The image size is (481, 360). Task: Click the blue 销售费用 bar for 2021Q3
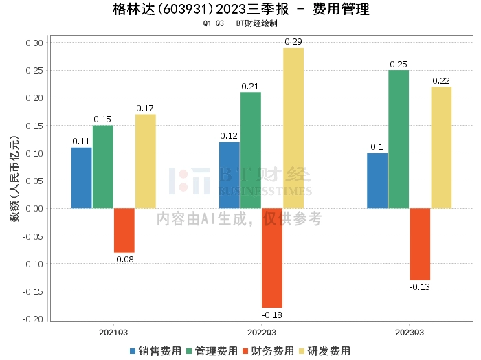[82, 178]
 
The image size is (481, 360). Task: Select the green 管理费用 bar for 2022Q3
[251, 150]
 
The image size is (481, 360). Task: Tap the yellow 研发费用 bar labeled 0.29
[293, 128]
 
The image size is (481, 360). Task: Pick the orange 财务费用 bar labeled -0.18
[272, 258]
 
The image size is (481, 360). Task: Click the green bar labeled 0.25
[399, 139]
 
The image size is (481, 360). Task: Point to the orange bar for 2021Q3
[124, 230]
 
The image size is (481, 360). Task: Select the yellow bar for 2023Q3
[441, 147]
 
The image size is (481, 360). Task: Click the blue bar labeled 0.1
[377, 180]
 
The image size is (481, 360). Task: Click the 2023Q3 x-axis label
[410, 333]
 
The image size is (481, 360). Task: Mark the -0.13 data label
[420, 286]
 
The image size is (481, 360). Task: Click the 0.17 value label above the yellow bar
[145, 108]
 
